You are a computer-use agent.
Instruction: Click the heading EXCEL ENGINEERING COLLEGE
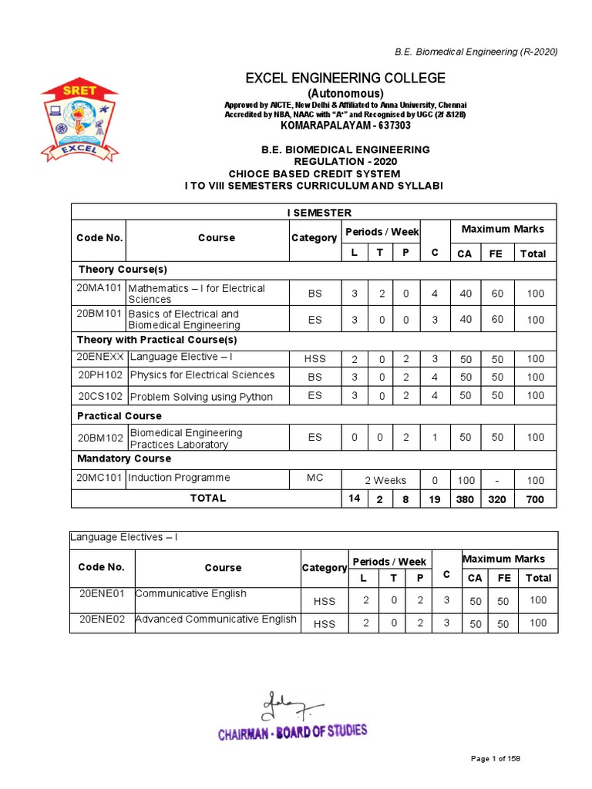(x=345, y=78)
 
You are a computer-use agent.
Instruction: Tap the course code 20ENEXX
(x=99, y=358)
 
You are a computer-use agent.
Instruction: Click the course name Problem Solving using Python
(x=200, y=397)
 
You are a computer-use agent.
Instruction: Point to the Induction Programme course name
(x=179, y=478)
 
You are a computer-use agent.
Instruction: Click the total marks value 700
(x=535, y=499)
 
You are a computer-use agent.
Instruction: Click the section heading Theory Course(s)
(x=123, y=270)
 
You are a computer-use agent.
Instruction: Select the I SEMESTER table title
(x=314, y=213)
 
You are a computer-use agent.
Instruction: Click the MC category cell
(x=314, y=478)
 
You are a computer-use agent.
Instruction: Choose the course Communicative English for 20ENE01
(x=190, y=593)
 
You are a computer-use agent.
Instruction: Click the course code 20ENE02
(x=103, y=619)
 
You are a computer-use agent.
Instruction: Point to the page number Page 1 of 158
(x=496, y=759)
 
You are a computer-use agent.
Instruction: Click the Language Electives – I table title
(x=124, y=537)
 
